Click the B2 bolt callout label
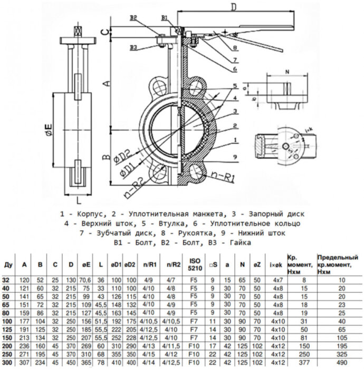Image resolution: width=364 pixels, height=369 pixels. pyautogui.click(x=133, y=18)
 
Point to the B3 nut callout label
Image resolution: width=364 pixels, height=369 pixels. pyautogui.click(x=133, y=47)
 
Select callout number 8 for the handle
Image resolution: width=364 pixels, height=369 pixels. pyautogui.click(x=234, y=47)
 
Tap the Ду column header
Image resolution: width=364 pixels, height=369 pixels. pyautogui.click(x=8, y=264)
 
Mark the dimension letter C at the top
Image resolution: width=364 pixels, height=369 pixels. pyautogui.click(x=105, y=32)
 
